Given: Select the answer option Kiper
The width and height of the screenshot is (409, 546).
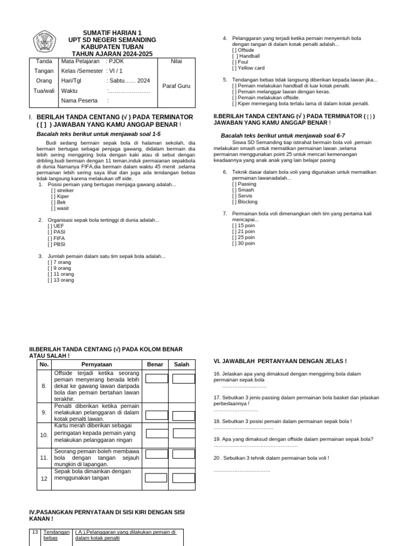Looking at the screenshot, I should click(60, 196).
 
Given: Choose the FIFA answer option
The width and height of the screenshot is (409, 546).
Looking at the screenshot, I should click(56, 238).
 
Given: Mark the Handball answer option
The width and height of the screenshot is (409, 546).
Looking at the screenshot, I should click(246, 55).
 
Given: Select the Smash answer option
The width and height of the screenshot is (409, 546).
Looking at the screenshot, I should click(243, 190).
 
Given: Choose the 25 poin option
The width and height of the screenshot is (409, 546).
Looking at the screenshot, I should click(243, 237).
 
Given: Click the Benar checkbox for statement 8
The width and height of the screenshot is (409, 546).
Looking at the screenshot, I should click(156, 379).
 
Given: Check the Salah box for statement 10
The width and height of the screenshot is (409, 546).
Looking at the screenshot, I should click(184, 435).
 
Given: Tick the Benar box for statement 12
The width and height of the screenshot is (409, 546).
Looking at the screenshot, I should click(156, 478).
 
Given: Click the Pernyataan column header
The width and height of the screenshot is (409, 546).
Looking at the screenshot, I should click(95, 364).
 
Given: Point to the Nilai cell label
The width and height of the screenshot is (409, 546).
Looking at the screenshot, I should click(176, 61).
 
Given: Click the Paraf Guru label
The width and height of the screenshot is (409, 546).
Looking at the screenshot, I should click(176, 85).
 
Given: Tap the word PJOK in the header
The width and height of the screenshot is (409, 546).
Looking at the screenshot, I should click(116, 61).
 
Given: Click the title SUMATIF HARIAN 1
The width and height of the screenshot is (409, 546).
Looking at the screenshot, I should click(112, 33).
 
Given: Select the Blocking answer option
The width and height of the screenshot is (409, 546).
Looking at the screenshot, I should click(244, 202).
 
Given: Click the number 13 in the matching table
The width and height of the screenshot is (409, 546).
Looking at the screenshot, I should click(35, 532).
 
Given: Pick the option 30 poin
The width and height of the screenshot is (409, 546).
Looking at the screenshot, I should click(243, 243).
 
